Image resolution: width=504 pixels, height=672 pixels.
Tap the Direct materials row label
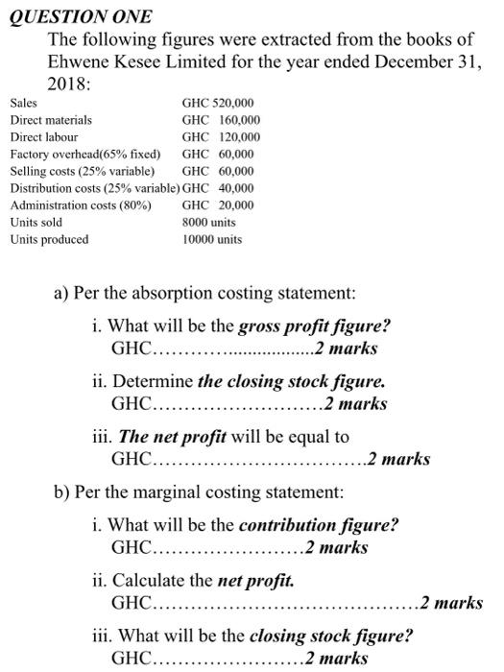51,120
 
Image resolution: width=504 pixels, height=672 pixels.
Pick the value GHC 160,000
221,120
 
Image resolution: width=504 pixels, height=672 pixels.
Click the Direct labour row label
44,137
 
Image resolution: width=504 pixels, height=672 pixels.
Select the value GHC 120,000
221,137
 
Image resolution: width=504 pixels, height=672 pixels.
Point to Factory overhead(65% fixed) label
84,155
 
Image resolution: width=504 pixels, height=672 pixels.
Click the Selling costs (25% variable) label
83,171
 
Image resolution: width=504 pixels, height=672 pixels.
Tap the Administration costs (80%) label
81,205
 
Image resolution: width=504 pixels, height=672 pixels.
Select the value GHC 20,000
218,205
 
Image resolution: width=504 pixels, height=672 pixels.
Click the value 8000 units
209,222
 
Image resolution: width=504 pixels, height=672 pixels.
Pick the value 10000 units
212,239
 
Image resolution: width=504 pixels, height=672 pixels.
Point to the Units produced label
49,239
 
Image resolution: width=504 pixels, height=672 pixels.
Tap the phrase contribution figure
318,525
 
